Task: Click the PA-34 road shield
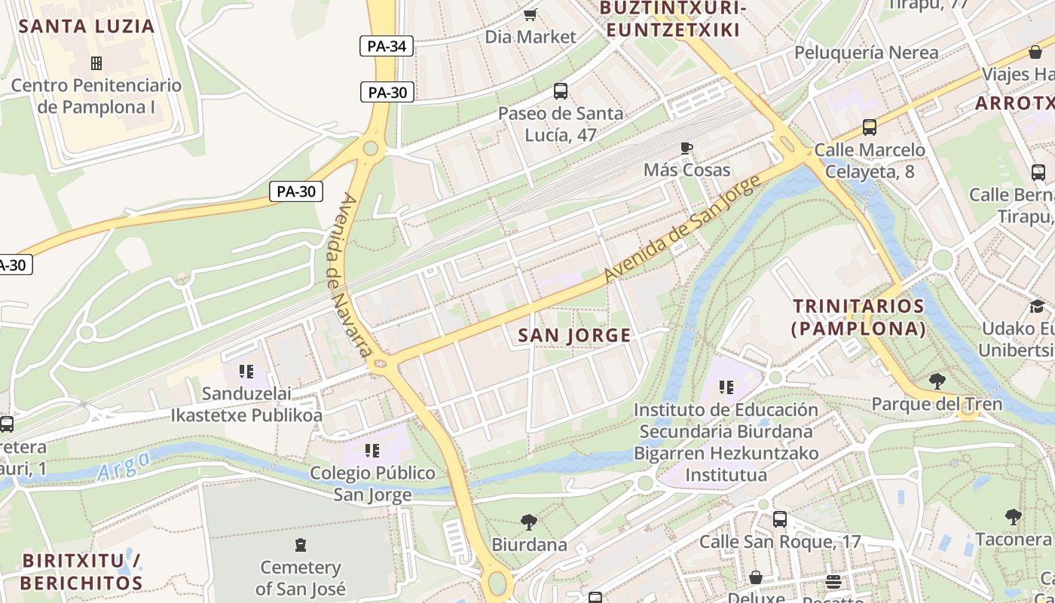(x=387, y=46)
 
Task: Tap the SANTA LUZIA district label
(x=87, y=26)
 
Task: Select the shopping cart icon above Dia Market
(x=531, y=14)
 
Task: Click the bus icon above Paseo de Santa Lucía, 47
(x=560, y=91)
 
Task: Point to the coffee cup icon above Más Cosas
(x=686, y=148)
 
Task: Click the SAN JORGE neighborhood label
(x=574, y=335)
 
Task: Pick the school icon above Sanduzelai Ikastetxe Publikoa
(x=246, y=371)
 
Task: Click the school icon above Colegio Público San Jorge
(x=372, y=451)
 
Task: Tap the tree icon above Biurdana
(x=529, y=522)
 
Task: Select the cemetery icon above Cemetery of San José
(x=301, y=544)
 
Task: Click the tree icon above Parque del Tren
(x=937, y=381)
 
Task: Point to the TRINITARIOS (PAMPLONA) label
(x=858, y=317)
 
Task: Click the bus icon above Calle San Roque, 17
(x=779, y=519)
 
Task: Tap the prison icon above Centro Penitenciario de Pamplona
(x=96, y=63)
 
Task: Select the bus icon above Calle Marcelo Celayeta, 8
(x=869, y=127)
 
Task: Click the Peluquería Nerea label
(x=867, y=52)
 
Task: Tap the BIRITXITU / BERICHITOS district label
(x=81, y=572)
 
